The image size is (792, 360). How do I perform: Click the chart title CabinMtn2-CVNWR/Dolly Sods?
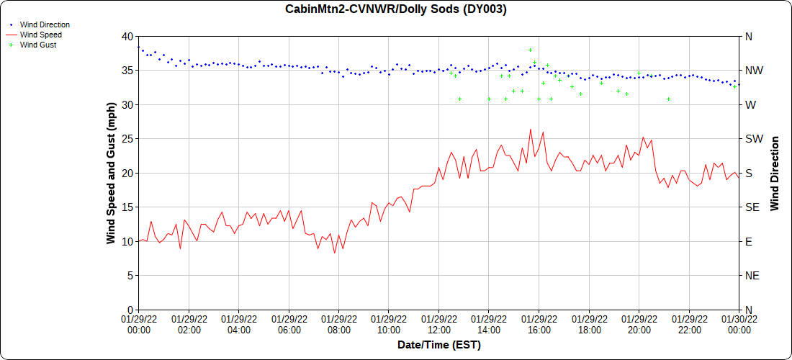click(x=396, y=9)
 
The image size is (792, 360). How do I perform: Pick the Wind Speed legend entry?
click(x=40, y=35)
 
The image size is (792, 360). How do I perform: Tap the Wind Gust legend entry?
click(x=38, y=45)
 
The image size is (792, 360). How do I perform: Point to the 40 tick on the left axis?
click(x=127, y=37)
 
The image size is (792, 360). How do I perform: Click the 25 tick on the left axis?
click(x=127, y=139)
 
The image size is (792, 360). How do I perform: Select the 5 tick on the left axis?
click(x=130, y=276)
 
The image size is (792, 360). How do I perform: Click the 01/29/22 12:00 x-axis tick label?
click(x=438, y=324)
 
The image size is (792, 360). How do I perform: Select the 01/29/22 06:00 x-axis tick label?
click(x=289, y=324)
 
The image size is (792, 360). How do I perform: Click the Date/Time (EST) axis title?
click(x=438, y=345)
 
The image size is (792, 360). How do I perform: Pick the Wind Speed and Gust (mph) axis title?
click(x=111, y=173)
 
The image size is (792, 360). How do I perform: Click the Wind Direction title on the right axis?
click(x=775, y=173)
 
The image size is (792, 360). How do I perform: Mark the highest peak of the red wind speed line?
click(x=531, y=130)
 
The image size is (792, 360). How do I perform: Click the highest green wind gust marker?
click(x=530, y=50)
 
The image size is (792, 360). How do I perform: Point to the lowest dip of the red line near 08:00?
click(x=334, y=253)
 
